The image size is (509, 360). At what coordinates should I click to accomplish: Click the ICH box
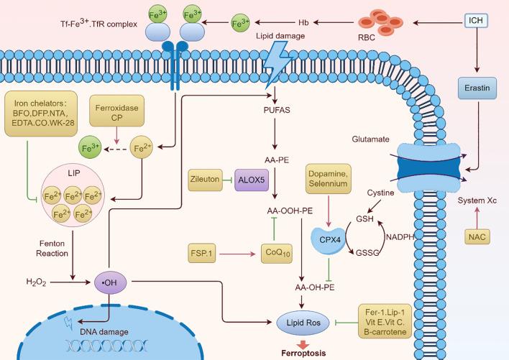476,20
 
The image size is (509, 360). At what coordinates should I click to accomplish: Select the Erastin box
477,88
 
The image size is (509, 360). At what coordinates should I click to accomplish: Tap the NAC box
477,236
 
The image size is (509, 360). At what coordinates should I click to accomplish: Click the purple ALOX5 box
252,180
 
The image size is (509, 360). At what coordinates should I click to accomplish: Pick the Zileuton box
205,180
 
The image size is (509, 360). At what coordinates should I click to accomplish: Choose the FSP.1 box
201,253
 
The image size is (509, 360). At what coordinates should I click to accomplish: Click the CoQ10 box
277,253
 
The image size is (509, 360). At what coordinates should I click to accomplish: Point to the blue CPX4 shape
329,240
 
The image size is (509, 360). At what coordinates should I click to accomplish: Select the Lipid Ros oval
303,323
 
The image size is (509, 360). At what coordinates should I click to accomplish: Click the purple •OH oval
111,282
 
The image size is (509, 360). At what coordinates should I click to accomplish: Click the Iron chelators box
41,114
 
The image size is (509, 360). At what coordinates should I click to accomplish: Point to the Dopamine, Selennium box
328,179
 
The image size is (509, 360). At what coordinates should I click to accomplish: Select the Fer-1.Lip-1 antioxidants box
385,321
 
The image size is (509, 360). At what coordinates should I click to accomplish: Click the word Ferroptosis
303,354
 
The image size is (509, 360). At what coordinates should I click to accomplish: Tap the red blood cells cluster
380,22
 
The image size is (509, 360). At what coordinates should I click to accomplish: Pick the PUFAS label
277,110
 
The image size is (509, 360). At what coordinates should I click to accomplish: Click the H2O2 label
36,282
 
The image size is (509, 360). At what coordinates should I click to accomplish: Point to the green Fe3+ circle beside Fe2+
90,148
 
